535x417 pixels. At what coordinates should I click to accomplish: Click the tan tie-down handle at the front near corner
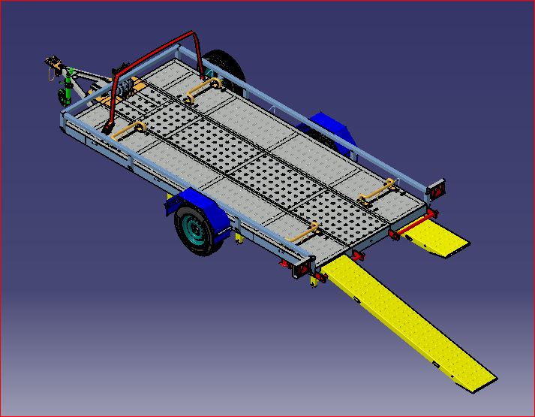tap(128, 132)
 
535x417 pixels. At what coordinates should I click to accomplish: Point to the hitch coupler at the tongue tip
tap(53, 61)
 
